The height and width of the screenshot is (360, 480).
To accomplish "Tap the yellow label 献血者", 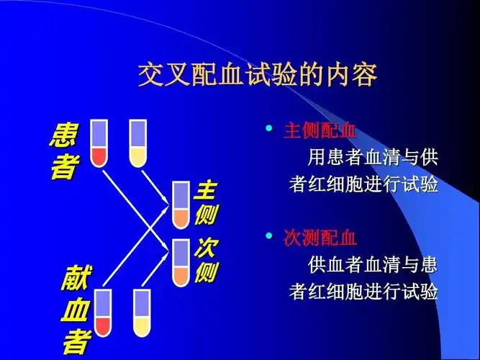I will (75, 310).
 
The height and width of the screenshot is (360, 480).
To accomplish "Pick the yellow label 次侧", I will (205, 261).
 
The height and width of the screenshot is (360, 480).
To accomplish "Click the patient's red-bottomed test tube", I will (99, 143).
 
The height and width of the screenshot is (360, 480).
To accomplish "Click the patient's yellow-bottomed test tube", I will (137, 143).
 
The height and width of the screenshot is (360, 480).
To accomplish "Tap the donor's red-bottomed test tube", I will (102, 312).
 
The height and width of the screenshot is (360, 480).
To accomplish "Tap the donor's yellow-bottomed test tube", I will (142, 312).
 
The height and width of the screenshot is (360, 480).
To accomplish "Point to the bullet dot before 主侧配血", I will (268, 130).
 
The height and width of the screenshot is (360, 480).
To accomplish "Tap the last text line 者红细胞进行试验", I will (363, 292).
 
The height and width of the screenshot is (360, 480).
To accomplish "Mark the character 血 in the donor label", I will (75, 310).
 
